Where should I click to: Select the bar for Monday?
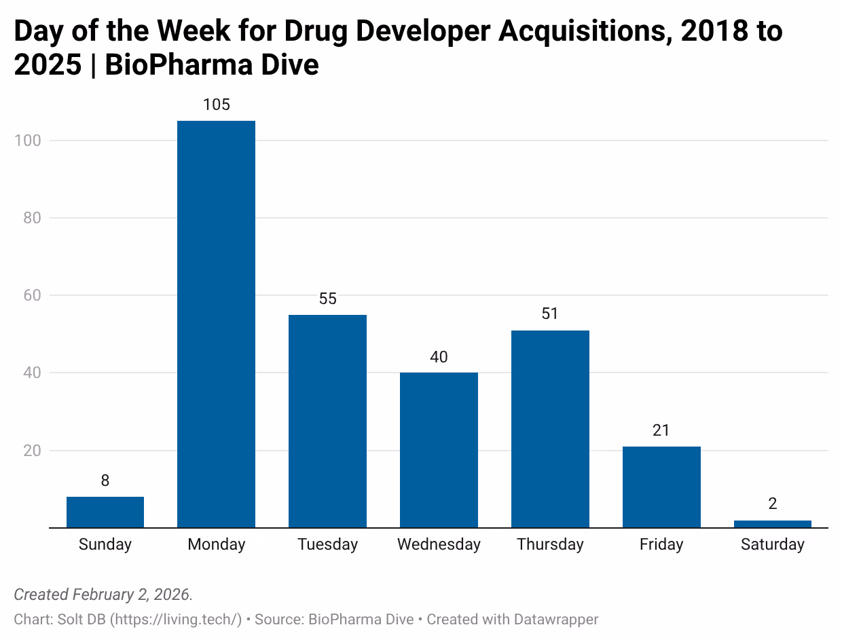pos(216,324)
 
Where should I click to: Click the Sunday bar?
pos(105,512)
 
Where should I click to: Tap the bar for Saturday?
pos(772,524)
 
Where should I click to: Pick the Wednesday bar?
pos(439,449)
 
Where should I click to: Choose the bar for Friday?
pos(661,487)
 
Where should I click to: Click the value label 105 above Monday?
pos(217,105)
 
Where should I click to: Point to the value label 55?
pos(328,299)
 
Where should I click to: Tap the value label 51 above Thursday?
pos(550,314)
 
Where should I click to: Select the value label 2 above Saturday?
pos(773,504)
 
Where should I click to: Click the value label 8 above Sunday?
pos(105,480)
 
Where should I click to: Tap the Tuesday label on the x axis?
pos(328,544)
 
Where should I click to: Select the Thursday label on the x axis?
pos(550,544)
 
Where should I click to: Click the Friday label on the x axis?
pos(661,544)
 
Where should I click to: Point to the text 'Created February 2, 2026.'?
pos(103,594)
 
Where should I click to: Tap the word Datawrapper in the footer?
pos(556,619)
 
